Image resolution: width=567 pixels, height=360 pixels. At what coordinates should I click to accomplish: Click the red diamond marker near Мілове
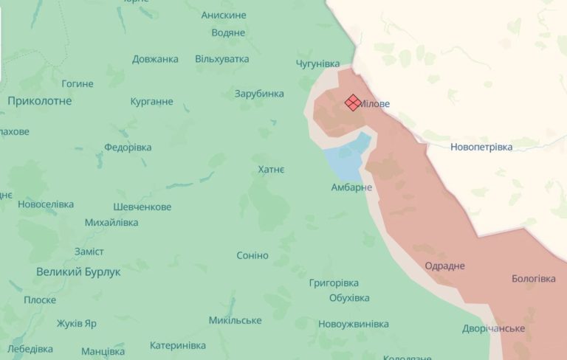pos(354,103)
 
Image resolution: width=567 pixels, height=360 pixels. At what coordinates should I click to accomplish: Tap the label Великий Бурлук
pos(78,271)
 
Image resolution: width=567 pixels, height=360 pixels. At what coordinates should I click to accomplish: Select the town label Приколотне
pos(40,100)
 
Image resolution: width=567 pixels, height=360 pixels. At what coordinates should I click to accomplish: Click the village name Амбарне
pos(351,187)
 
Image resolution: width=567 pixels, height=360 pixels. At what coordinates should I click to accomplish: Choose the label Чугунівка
pos(317,63)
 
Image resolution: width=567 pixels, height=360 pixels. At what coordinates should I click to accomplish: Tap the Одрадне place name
pos(445,266)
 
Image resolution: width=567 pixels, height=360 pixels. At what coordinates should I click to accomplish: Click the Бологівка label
pos(533,278)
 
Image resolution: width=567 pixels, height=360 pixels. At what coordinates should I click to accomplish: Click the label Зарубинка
pos(259,94)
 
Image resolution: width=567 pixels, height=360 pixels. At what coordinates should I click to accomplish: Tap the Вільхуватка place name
pos(221,59)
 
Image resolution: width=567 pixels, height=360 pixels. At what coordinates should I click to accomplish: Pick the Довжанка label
pos(155,59)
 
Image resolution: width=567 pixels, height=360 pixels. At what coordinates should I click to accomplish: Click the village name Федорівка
pos(128,147)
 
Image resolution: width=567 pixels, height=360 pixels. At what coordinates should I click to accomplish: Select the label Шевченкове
pos(142,207)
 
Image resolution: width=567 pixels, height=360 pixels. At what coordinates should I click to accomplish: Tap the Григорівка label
pos(334,283)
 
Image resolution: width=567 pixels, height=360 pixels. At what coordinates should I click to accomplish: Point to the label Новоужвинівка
pos(354,323)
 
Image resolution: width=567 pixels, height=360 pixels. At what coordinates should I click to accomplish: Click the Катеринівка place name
pos(178,345)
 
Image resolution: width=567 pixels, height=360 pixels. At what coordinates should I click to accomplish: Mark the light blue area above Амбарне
pos(347,156)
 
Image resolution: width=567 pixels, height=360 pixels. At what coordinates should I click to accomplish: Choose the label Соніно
pos(252,255)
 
